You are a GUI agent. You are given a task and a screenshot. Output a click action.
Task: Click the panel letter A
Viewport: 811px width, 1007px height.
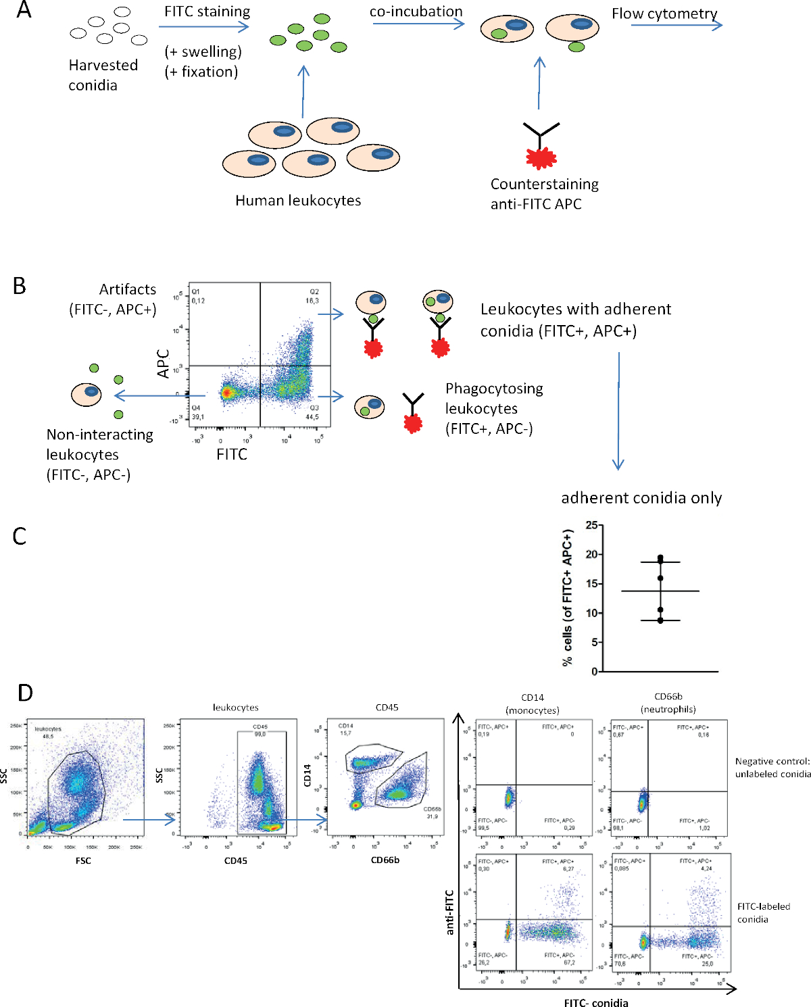pos(24,10)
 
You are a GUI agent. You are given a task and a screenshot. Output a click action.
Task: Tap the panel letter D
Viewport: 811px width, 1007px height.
pos(25,693)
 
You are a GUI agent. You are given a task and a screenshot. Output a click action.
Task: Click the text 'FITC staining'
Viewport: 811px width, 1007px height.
pos(207,11)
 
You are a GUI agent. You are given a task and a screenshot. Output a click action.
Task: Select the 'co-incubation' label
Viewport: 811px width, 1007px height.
pos(416,11)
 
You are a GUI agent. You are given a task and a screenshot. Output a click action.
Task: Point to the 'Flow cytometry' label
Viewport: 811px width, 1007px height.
pos(664,14)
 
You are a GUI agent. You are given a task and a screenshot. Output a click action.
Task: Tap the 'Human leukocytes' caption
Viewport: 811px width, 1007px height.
pos(298,201)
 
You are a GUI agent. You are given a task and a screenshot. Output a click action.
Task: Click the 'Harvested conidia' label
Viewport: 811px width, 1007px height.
pos(103,75)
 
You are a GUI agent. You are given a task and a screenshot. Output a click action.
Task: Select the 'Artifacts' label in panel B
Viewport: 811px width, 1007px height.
pos(127,289)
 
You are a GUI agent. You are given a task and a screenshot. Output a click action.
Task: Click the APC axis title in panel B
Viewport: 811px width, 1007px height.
pos(163,364)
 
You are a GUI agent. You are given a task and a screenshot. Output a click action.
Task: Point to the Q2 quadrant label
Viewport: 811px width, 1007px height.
pos(314,292)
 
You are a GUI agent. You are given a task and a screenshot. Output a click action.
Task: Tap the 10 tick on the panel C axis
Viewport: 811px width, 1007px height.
pos(592,613)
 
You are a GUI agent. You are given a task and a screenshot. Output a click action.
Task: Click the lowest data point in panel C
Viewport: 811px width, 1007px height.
pos(660,620)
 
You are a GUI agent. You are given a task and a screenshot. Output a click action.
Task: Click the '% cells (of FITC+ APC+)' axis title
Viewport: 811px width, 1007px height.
pos(567,598)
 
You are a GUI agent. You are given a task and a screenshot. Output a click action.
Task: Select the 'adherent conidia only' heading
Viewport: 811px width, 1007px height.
pos(641,498)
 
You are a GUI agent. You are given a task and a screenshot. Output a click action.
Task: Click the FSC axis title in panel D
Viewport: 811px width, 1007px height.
pos(83,860)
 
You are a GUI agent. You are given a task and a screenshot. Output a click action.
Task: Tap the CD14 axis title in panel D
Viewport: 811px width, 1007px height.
pos(308,775)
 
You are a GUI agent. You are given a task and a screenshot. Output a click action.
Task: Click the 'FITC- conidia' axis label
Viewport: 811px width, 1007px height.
pos(596,1003)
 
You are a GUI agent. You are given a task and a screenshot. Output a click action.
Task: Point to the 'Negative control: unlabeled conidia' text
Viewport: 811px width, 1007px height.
pos(772,768)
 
